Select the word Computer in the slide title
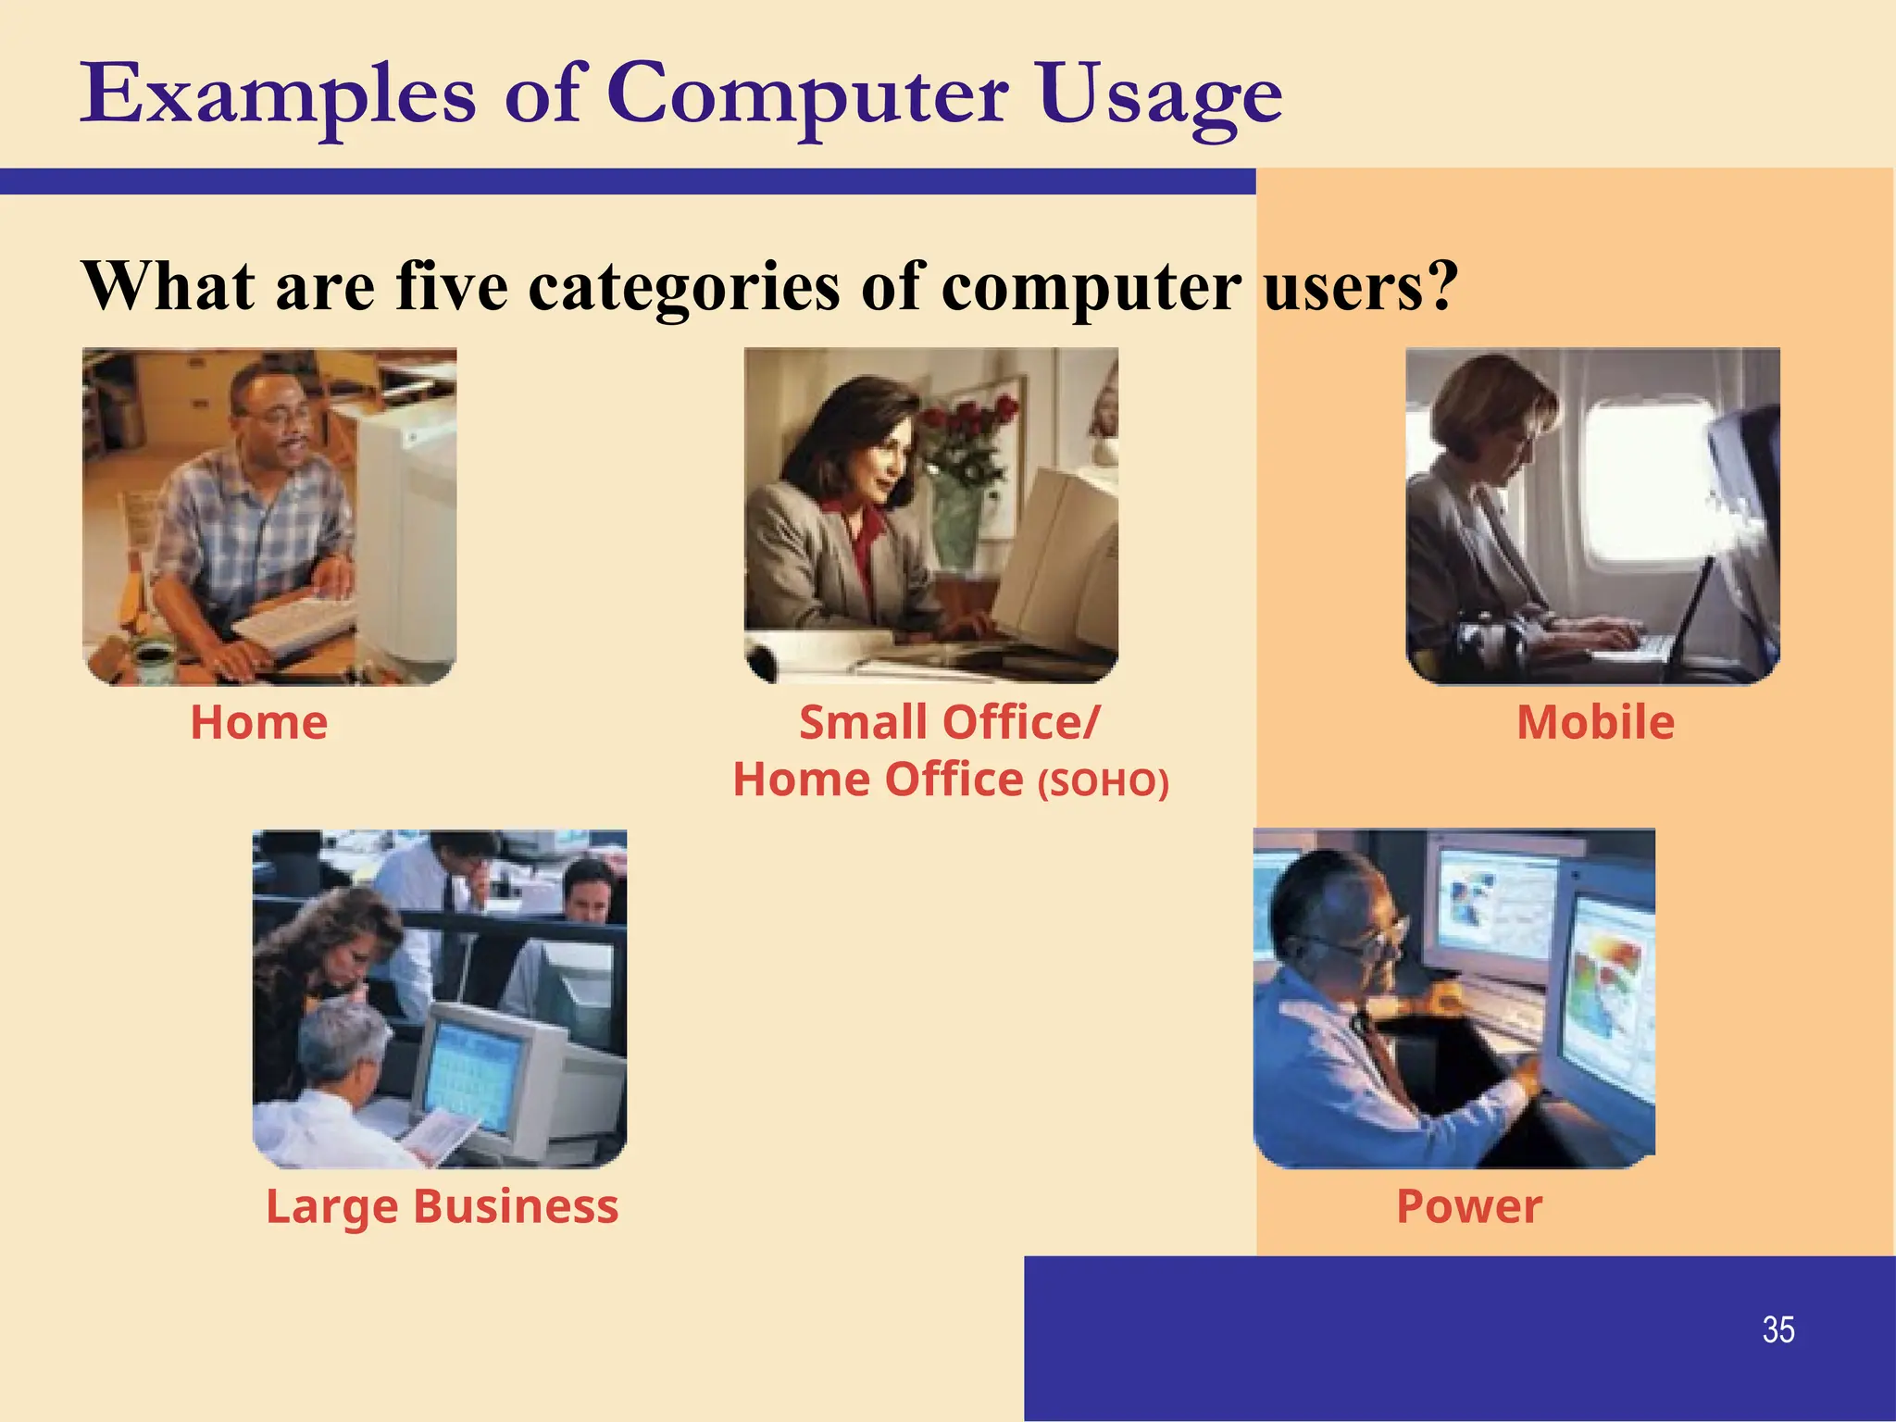806,95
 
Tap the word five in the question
452,286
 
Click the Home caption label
259,722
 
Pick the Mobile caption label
1595,722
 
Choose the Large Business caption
442,1206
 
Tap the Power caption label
1469,1206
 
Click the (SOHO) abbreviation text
1103,783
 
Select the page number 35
1777,1329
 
